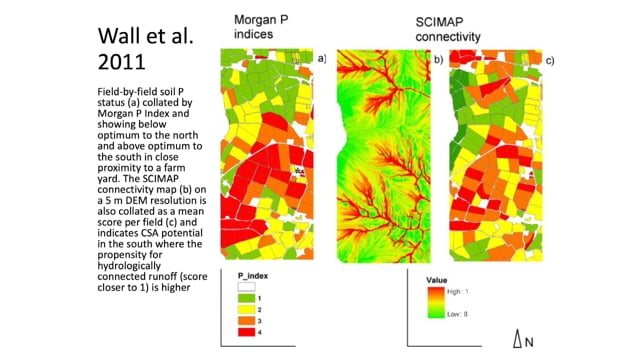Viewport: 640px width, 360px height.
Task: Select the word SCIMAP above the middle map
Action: click(437, 22)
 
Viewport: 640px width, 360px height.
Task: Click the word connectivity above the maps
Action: click(448, 37)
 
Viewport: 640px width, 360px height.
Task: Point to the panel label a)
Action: click(322, 59)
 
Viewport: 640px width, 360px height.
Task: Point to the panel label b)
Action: click(438, 59)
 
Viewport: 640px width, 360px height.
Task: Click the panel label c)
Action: click(550, 59)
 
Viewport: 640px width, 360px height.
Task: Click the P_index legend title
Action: click(252, 273)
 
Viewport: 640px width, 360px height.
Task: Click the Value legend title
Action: click(437, 281)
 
